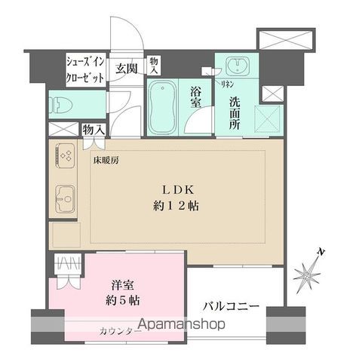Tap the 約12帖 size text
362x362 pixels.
point(178,205)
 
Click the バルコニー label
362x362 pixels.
point(232,307)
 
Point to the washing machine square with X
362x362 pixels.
point(269,118)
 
